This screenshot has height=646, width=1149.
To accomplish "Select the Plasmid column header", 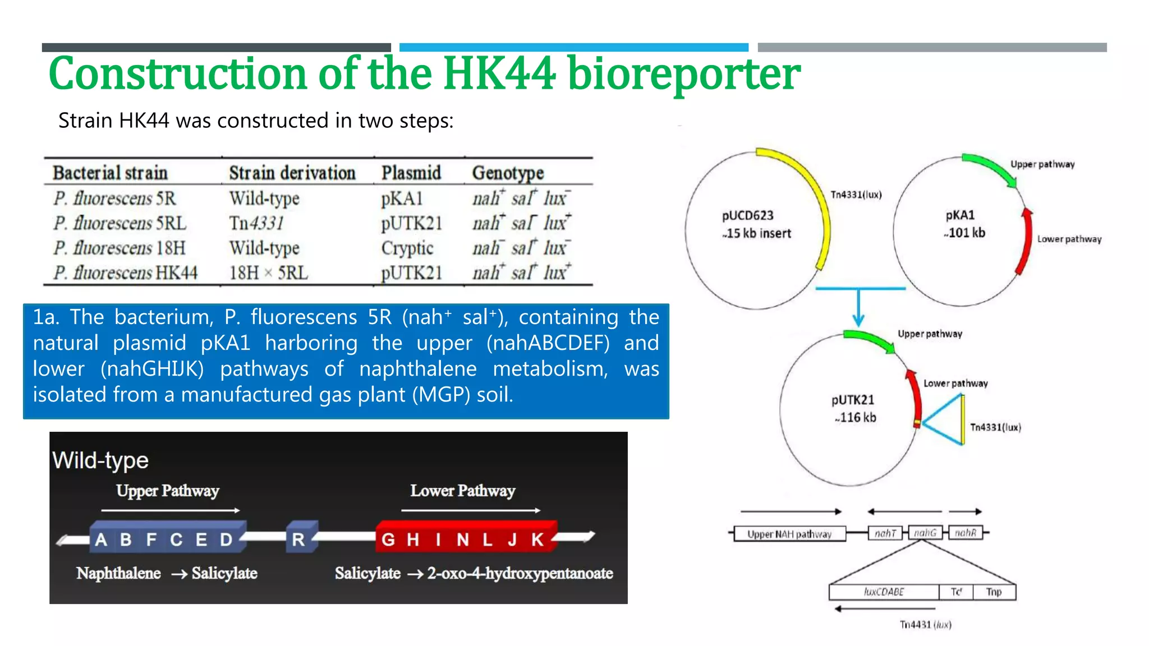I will (411, 173).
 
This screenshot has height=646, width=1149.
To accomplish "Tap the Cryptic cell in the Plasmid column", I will (407, 248).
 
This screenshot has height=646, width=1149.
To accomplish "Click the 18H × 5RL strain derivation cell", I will (268, 273).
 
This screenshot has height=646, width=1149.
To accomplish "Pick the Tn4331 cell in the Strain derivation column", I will (256, 223).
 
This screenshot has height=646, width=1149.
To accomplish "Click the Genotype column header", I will (508, 173).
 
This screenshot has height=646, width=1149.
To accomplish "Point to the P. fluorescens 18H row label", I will (119, 248).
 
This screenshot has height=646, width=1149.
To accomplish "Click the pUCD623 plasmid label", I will (747, 216).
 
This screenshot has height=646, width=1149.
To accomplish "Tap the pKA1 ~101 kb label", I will (963, 224).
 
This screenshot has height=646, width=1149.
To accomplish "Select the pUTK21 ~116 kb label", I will (853, 408).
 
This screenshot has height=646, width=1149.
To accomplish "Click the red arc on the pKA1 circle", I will (1027, 241).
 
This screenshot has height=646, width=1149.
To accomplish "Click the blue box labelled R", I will (299, 539).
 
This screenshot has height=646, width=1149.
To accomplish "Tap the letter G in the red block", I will (388, 539).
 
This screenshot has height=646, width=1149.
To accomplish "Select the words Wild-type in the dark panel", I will (100, 460).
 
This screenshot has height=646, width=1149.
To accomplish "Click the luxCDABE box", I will (884, 592).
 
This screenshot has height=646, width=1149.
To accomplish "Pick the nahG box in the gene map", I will (925, 533).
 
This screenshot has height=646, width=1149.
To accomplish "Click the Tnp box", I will (994, 592).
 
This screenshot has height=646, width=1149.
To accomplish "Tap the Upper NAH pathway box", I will (789, 534).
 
